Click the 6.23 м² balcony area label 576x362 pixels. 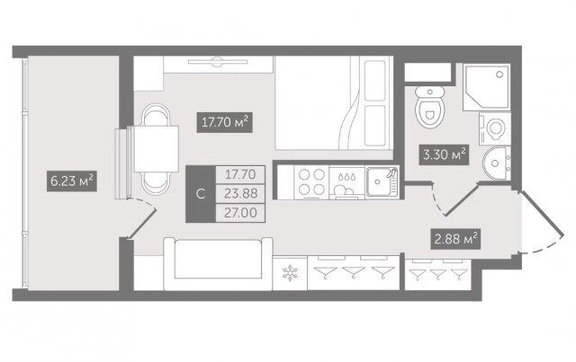pos(72,181)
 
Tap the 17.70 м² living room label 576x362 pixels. pos(224,122)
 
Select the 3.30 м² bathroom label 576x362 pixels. pos(444,155)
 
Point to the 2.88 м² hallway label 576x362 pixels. pos(455,239)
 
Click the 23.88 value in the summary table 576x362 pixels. pos(240,193)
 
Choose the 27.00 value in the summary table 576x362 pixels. pos(240,212)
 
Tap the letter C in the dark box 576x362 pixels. pos(200,194)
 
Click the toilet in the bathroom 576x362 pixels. pos(429,107)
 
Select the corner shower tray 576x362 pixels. pos(486,87)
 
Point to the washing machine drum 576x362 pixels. pos(496,128)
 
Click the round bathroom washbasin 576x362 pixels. pos(496,163)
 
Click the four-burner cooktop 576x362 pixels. pos(311,181)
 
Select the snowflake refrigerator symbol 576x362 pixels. pos(290,273)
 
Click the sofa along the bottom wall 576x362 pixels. pos(218,264)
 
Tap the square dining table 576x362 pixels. pos(156,149)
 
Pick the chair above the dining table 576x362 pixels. pos(156,115)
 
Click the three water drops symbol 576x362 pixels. pos(346,176)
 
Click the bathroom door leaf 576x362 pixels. pos(461,200)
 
